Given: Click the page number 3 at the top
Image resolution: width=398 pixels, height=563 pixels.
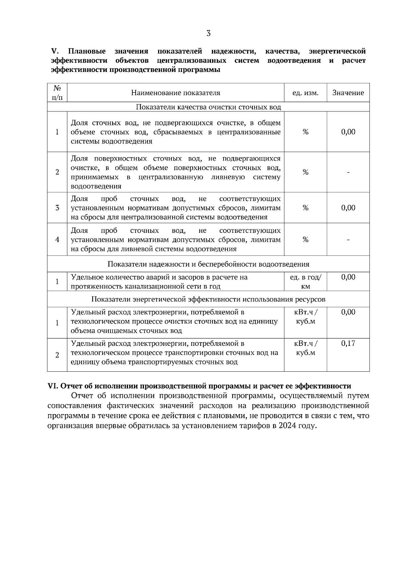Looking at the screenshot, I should (208, 33).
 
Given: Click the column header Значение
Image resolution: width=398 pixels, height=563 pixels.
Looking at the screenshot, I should (348, 93).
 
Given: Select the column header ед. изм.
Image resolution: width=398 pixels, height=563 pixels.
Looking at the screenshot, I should (305, 93).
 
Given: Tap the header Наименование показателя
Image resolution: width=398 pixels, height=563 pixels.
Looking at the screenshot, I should (175, 93).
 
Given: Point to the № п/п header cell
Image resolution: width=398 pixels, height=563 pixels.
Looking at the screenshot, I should (57, 93).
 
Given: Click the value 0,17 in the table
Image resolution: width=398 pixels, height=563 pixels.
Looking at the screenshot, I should (348, 343).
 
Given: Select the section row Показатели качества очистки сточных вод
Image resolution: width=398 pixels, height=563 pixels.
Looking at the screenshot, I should (208, 107).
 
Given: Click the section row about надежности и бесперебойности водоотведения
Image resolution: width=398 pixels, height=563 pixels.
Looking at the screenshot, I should (208, 264).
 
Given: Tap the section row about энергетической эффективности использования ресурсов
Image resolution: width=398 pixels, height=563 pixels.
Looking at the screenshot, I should (208, 299).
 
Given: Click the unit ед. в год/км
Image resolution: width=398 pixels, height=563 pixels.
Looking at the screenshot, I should (305, 281).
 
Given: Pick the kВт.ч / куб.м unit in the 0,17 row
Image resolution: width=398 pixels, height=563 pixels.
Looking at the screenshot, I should (305, 348).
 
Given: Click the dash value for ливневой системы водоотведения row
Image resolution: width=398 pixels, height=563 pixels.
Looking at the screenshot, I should (348, 239).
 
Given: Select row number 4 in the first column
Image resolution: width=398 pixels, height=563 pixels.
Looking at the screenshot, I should (57, 239).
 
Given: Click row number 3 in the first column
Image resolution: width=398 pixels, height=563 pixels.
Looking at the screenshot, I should (57, 208).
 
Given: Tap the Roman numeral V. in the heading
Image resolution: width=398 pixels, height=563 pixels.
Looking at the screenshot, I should (55, 51).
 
